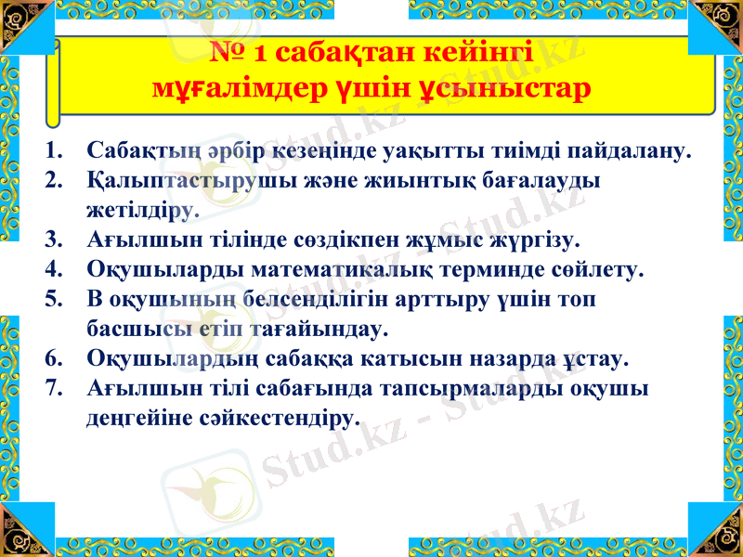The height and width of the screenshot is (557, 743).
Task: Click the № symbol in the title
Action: pyautogui.click(x=229, y=53)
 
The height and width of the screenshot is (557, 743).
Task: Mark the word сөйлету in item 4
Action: pyautogui.click(x=593, y=271)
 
